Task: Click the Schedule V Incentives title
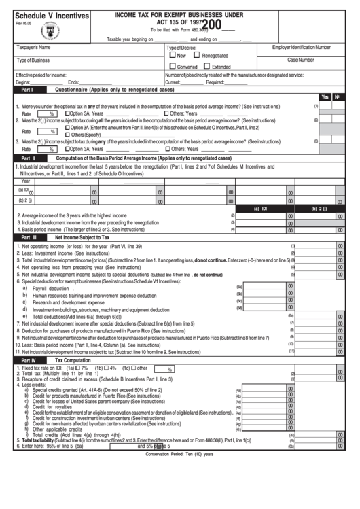52,16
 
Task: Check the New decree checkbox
173,56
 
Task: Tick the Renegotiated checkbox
198,56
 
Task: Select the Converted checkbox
173,67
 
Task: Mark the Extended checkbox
208,67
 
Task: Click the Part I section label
28,90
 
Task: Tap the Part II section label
28,158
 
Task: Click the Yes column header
325,97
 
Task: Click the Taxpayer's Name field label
33,48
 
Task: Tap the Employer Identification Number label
301,48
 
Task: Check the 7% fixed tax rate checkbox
77,368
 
